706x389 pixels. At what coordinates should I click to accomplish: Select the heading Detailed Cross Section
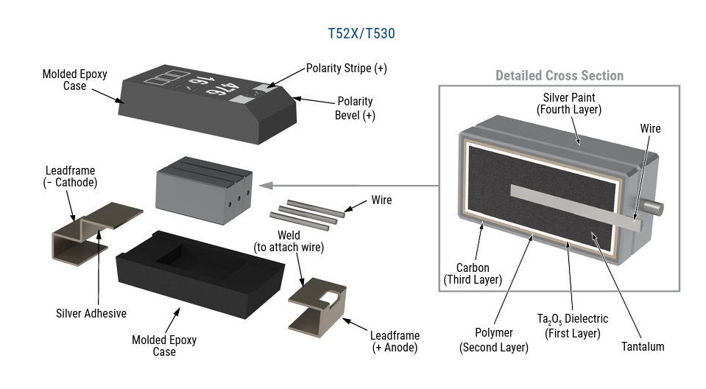tap(559, 76)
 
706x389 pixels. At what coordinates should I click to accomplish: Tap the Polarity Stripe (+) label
tap(346, 69)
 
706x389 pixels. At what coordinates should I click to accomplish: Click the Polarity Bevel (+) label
tap(354, 108)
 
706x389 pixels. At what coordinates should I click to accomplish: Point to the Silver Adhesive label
tap(91, 313)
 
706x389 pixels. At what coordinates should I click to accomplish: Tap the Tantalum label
tap(642, 346)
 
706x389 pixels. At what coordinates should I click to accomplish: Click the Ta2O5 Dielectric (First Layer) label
tap(572, 326)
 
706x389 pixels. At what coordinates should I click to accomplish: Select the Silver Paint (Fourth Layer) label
tap(568, 103)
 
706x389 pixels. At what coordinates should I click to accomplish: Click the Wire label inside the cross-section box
tap(650, 129)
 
